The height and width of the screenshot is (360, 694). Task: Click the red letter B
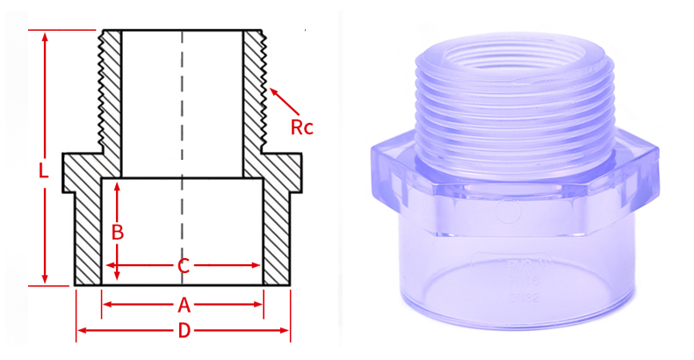pyautogui.click(x=117, y=232)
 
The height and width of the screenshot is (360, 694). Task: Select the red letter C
pyautogui.click(x=183, y=265)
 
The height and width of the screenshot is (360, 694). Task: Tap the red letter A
pyautogui.click(x=184, y=305)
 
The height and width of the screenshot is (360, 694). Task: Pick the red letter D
pyautogui.click(x=184, y=331)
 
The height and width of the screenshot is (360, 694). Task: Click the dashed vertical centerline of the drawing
pyautogui.click(x=183, y=132)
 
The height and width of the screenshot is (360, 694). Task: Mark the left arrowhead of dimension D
pyautogui.click(x=81, y=331)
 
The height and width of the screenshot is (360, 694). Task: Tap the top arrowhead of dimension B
pyautogui.click(x=117, y=185)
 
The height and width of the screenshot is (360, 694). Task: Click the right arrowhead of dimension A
pyautogui.click(x=259, y=305)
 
